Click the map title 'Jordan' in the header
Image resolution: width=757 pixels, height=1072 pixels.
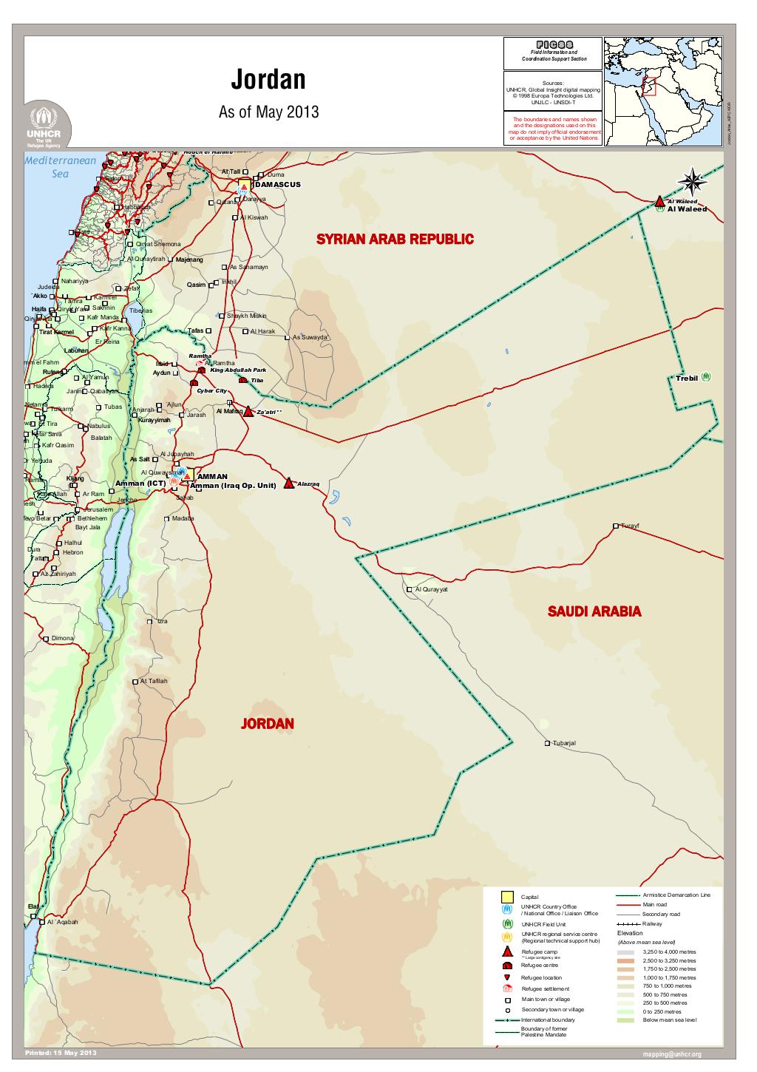[x=268, y=79]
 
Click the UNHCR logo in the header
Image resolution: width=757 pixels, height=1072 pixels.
[x=47, y=126]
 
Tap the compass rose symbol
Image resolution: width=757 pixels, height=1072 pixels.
[x=693, y=181]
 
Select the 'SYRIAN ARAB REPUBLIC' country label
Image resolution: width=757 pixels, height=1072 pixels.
[x=395, y=240]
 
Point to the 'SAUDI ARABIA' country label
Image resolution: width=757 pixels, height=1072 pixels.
[x=594, y=611]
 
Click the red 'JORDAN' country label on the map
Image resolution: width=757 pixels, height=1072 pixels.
[x=267, y=724]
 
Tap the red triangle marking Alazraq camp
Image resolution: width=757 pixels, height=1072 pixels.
[x=289, y=483]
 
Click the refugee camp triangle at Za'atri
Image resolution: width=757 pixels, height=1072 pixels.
[x=248, y=412]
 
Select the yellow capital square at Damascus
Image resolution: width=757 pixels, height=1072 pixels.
[x=244, y=184]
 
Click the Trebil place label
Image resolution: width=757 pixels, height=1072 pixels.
[x=687, y=378]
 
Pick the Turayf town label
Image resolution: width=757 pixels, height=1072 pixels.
[x=629, y=526]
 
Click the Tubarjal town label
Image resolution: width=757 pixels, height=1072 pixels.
[x=563, y=743]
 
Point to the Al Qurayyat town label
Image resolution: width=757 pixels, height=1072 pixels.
[x=432, y=589]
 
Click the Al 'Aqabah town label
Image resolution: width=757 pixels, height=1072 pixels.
[x=62, y=922]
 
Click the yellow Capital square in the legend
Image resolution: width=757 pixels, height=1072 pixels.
[x=507, y=896]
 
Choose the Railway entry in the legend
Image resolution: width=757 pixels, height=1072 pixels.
[x=652, y=923]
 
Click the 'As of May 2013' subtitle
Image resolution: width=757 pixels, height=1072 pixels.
[x=268, y=112]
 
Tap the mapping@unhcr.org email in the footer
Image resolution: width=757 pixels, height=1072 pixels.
[x=672, y=1054]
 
